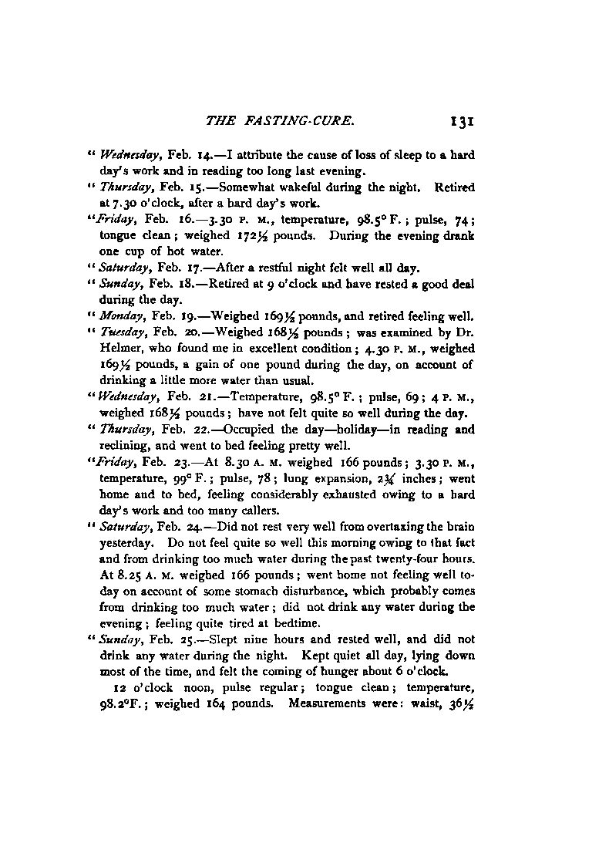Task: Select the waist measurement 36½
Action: point(461,703)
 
